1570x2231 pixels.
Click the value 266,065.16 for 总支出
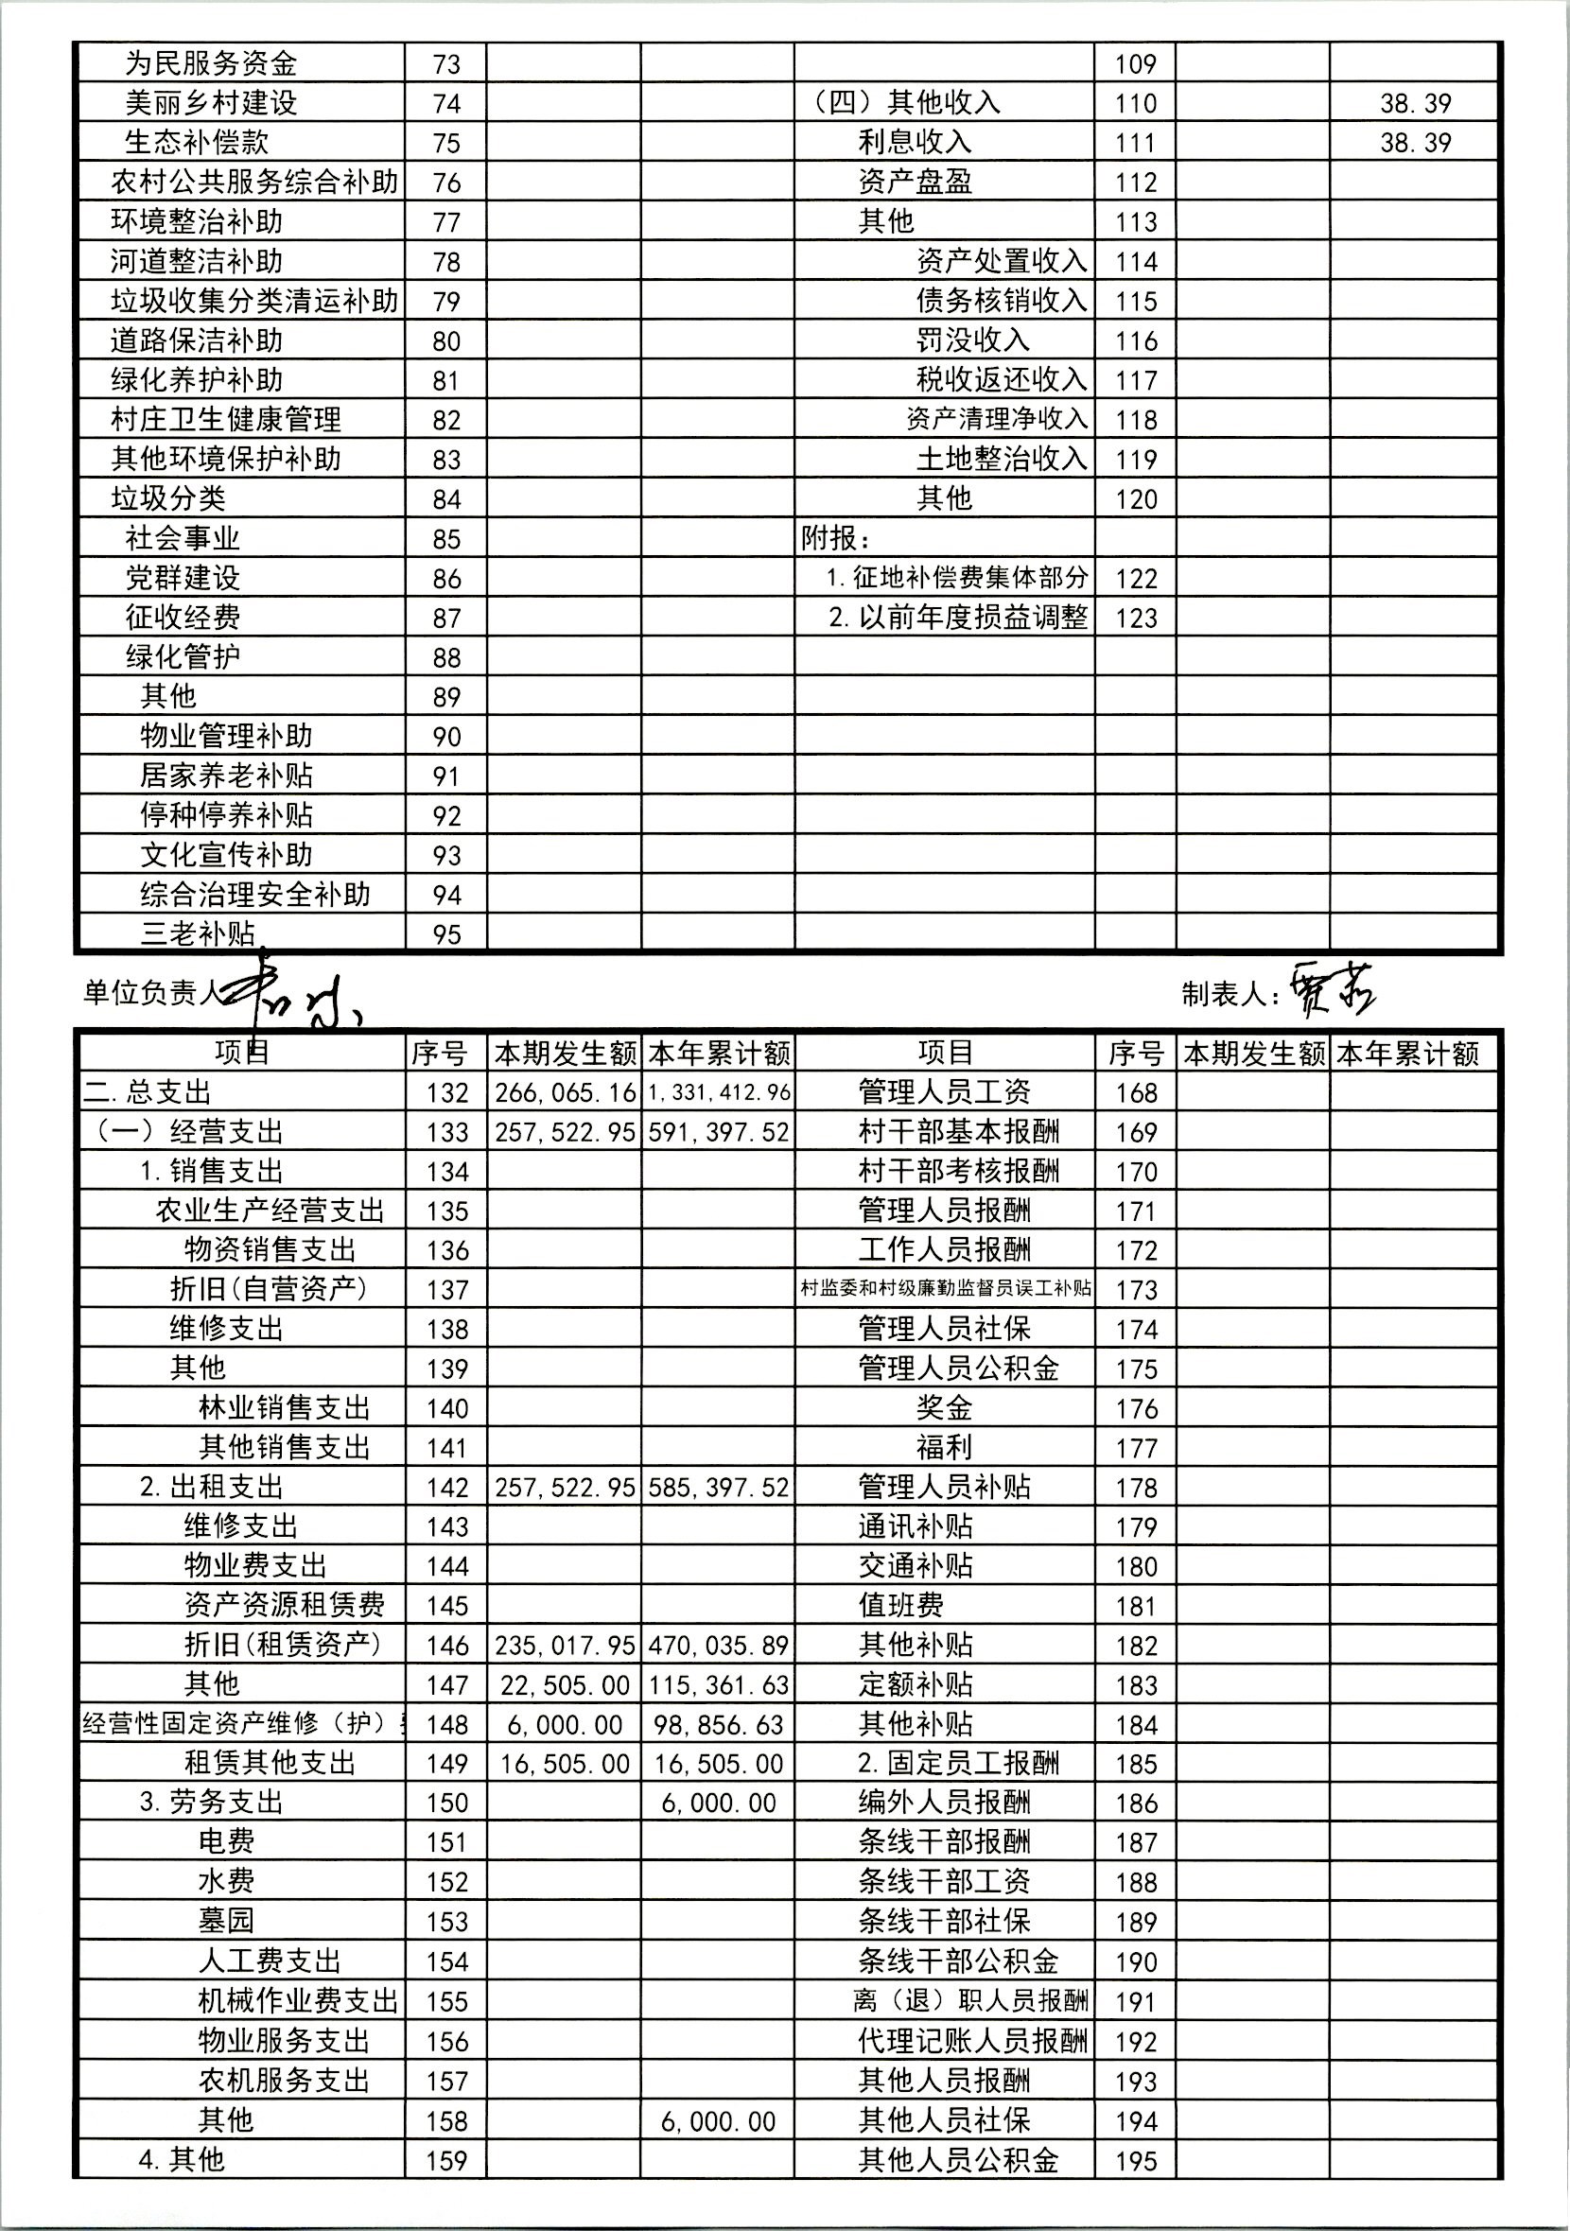(565, 1093)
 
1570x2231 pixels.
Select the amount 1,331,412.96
(719, 1093)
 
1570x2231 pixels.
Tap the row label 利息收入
(915, 142)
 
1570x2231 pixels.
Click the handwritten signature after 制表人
(1333, 991)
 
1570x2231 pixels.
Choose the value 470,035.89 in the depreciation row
(719, 1646)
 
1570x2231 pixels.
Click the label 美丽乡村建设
(211, 103)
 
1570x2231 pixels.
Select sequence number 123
(1136, 618)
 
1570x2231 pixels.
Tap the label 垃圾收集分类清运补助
(254, 302)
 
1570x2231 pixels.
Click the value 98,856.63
(719, 1725)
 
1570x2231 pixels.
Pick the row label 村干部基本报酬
(958, 1132)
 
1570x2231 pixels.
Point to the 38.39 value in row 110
(1415, 103)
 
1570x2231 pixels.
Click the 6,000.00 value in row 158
(719, 2122)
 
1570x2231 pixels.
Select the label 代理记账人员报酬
(972, 2042)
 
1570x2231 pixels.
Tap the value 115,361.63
(719, 1686)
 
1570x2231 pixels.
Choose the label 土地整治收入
(1002, 459)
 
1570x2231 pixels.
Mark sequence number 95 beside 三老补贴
(445, 934)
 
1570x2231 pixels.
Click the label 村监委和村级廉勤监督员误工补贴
(945, 1289)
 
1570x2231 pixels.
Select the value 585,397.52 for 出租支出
(719, 1488)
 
